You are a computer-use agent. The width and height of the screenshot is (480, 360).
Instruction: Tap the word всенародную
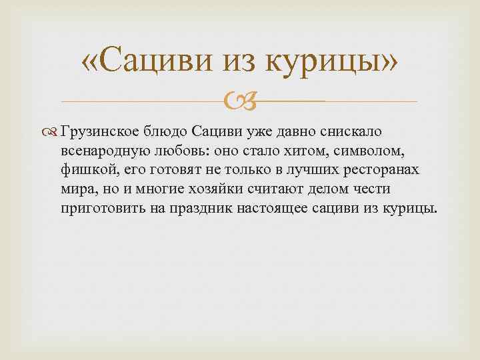tap(111, 151)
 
